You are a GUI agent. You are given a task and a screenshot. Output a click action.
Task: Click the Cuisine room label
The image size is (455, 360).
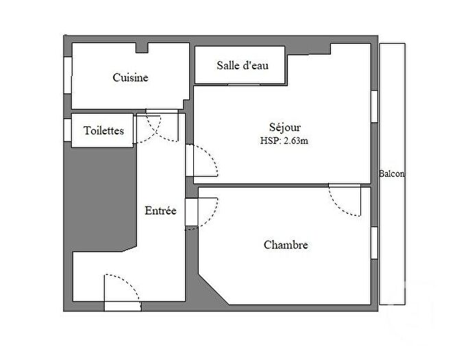pyautogui.click(x=130, y=78)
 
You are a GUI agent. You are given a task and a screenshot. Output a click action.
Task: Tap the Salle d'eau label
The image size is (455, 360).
pyautogui.click(x=242, y=65)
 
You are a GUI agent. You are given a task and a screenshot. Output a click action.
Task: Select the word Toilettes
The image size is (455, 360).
pyautogui.click(x=103, y=130)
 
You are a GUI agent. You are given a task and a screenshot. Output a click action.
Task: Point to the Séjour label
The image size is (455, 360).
pyautogui.click(x=284, y=127)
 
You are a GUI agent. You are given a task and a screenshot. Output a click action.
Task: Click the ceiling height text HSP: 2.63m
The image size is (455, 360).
pyautogui.click(x=284, y=141)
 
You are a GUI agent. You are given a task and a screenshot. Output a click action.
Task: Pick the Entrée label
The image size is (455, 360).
pyautogui.click(x=160, y=211)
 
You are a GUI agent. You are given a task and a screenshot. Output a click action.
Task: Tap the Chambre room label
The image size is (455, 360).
pyautogui.click(x=285, y=245)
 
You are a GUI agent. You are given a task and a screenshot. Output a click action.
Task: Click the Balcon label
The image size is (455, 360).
pyautogui.click(x=391, y=173)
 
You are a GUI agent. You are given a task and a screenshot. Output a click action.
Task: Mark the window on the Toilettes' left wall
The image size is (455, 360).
pyautogui.click(x=67, y=129)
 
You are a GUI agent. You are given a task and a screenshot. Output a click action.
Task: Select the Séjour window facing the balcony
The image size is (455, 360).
pyautogui.click(x=374, y=106)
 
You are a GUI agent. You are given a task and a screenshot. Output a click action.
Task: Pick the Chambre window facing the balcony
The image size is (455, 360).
pyautogui.click(x=374, y=243)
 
